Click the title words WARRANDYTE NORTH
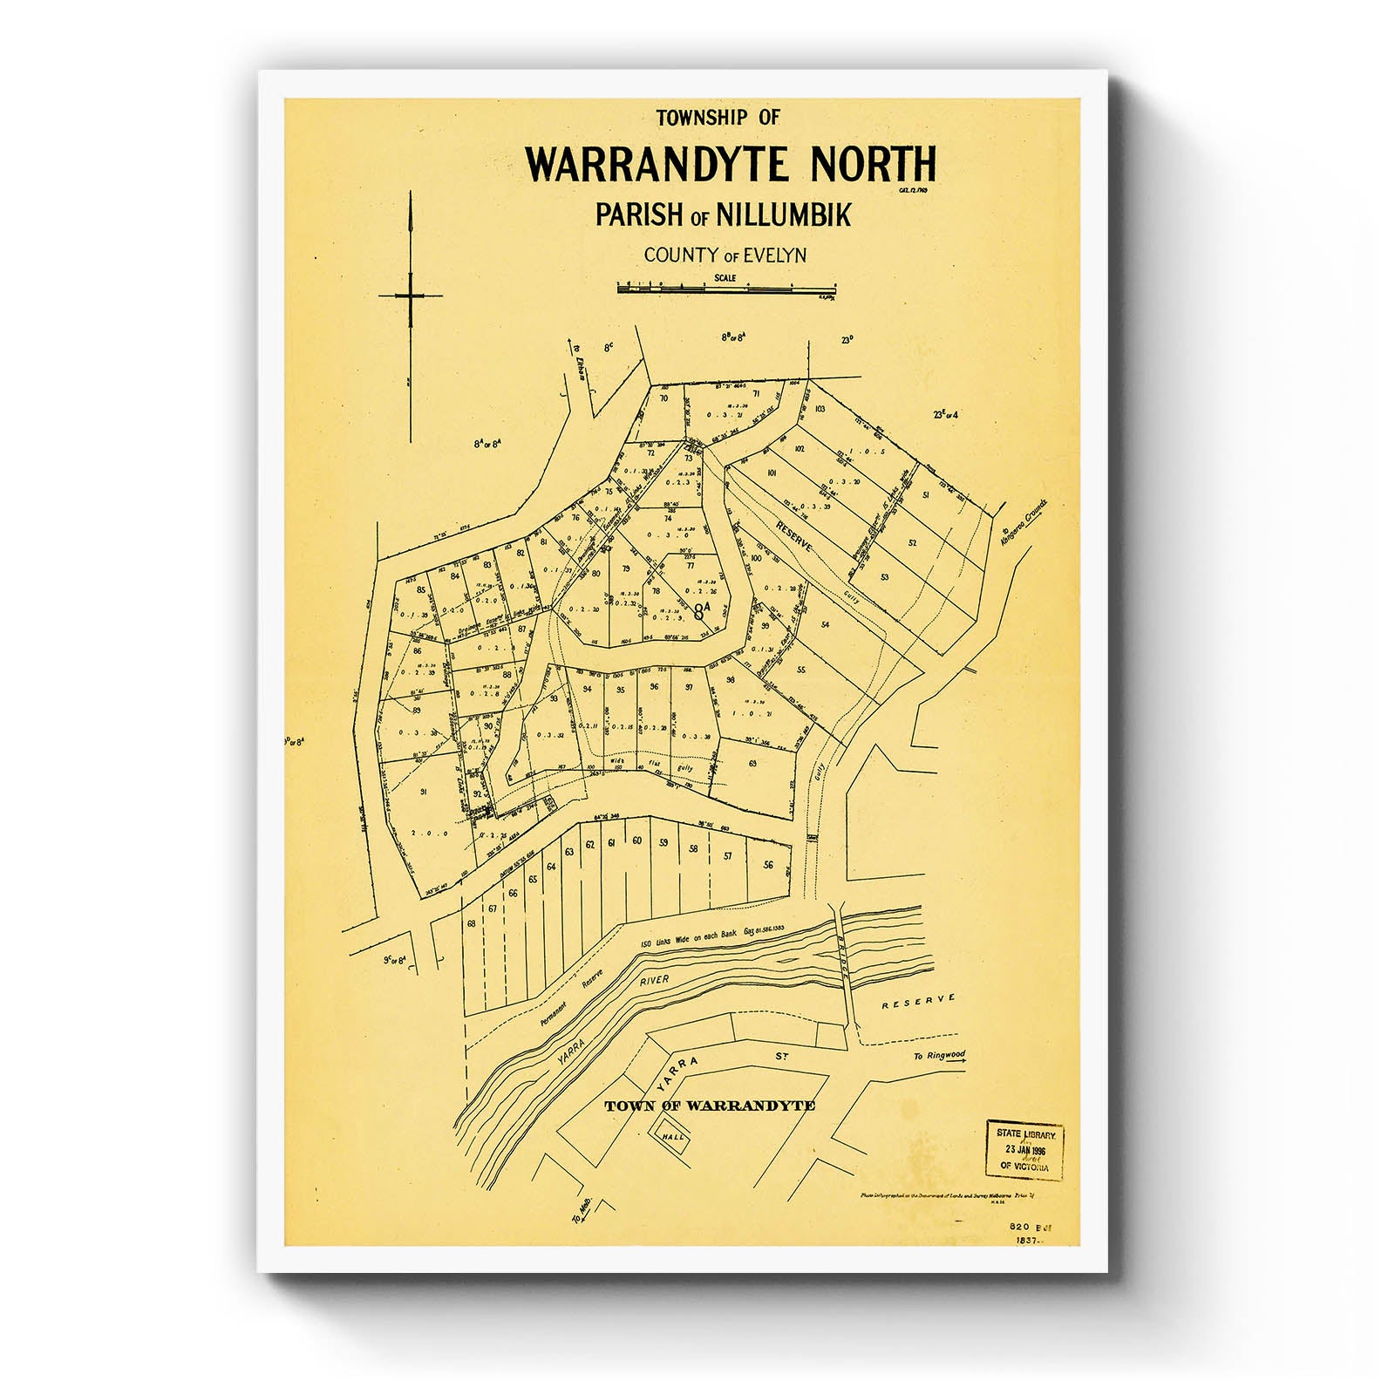(x=731, y=164)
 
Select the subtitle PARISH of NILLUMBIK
(x=723, y=214)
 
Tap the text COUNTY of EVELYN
(x=725, y=255)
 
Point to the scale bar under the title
(x=726, y=287)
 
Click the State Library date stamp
(x=1025, y=1149)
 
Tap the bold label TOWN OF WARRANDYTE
(x=710, y=1106)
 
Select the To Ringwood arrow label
(x=938, y=1056)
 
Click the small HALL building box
(x=672, y=1137)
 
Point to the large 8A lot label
(x=703, y=610)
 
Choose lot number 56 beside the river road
(x=768, y=865)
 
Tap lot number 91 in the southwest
(x=424, y=792)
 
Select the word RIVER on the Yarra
(x=655, y=981)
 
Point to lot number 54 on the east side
(x=825, y=624)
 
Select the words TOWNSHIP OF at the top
(x=718, y=117)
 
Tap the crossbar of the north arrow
(x=410, y=296)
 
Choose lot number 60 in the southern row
(x=637, y=840)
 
